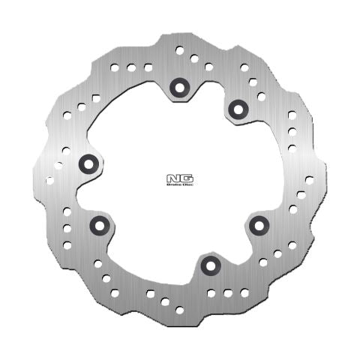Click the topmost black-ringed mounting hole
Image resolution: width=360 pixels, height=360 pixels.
click(179, 87)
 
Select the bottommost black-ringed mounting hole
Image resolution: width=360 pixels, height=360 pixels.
click(208, 265)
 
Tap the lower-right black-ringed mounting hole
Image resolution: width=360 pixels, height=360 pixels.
click(258, 223)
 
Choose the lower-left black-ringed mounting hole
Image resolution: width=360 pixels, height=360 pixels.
click(98, 224)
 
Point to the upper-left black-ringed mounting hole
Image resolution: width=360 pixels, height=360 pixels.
click(87, 163)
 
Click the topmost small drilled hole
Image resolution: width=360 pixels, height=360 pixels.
click(179, 50)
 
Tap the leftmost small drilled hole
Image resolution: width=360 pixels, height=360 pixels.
click(49, 179)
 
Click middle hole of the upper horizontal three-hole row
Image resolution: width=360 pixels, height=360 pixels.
click(130, 67)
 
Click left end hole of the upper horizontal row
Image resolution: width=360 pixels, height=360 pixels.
click(115, 67)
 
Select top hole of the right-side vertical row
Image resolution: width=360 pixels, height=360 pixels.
click(292, 115)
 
